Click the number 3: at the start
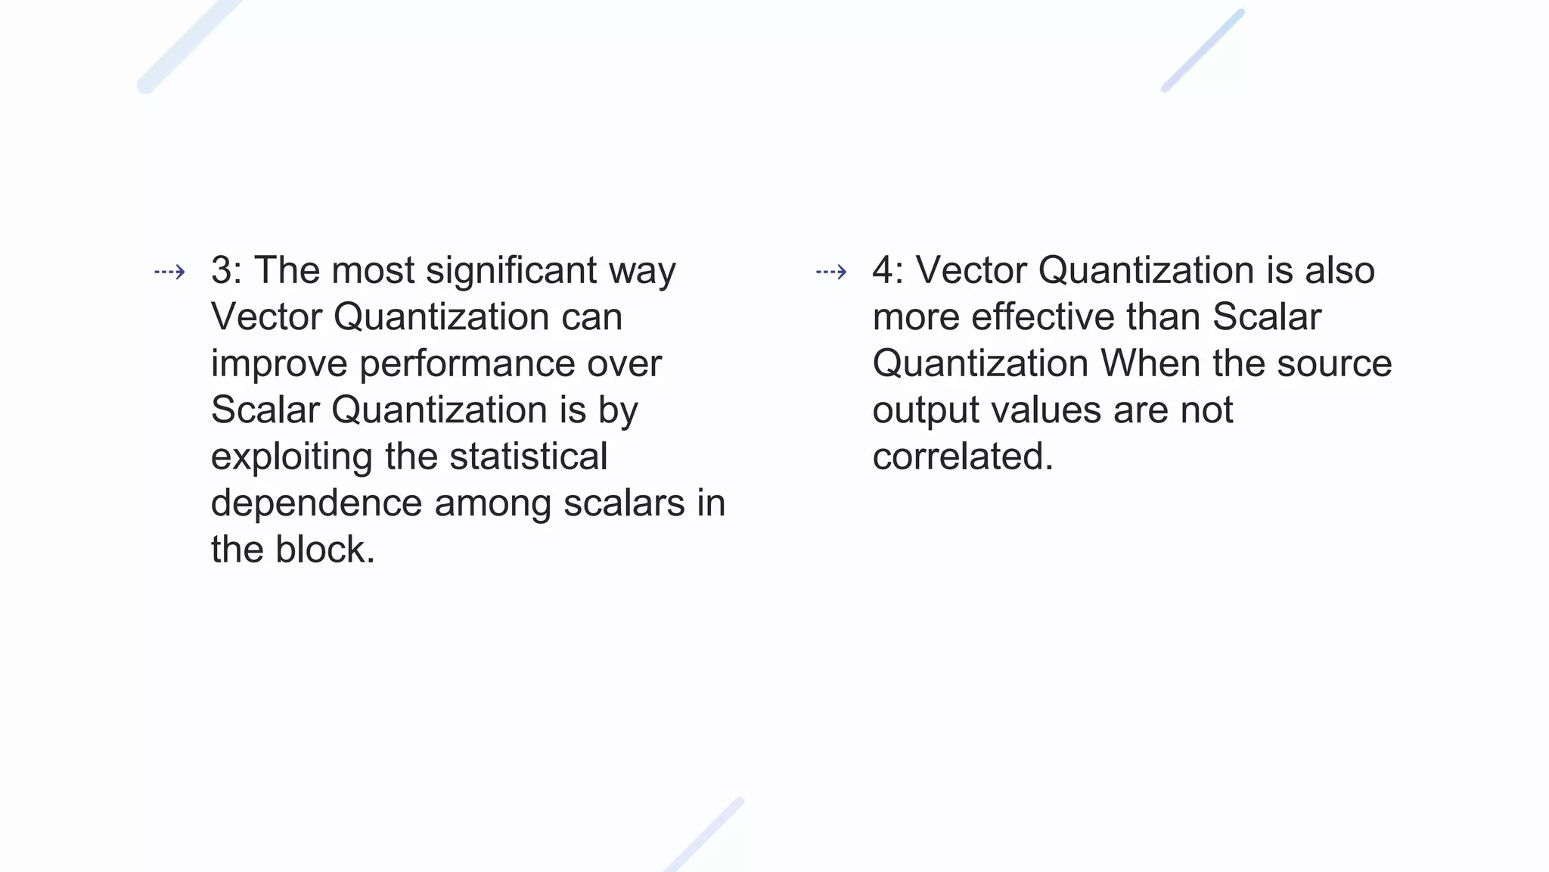[x=226, y=270]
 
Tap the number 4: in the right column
[x=888, y=270]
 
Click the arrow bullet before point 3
[x=169, y=272]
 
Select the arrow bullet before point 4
[x=831, y=272]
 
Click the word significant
[x=511, y=270]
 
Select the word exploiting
[x=291, y=457]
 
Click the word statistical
[x=528, y=456]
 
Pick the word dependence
[x=316, y=503]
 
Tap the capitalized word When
[x=1150, y=363]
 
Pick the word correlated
[x=962, y=456]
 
